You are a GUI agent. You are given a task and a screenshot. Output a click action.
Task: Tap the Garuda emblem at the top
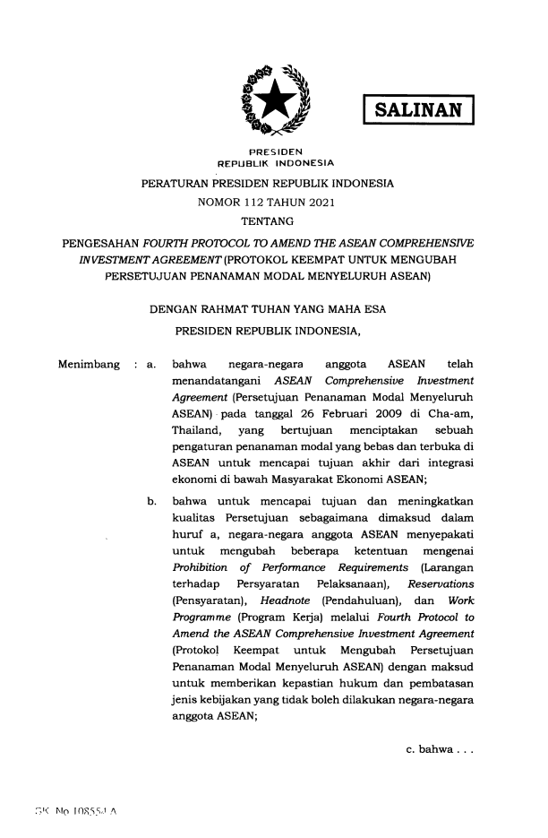pos(273,98)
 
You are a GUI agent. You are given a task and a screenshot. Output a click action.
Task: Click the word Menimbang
pos(89,365)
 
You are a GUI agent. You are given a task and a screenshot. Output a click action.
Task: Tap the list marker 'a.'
pos(151,365)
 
